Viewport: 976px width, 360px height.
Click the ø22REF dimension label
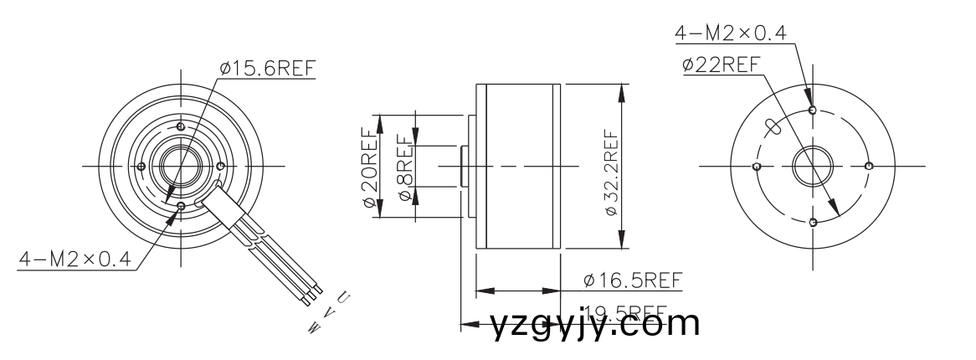pos(721,64)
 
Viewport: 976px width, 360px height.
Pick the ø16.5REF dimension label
pos(633,279)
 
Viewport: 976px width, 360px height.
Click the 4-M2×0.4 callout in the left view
pos(75,260)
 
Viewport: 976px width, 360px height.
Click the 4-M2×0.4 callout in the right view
pos(731,33)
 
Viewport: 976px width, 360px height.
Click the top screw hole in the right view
pos(813,109)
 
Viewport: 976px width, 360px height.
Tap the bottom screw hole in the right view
pos(813,222)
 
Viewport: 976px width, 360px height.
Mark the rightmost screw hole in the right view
pos(869,166)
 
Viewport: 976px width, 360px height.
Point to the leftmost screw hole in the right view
pos(757,166)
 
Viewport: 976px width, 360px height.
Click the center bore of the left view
pos(179,165)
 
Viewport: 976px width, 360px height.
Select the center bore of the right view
pos(813,166)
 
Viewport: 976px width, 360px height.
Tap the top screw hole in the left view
pos(179,126)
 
